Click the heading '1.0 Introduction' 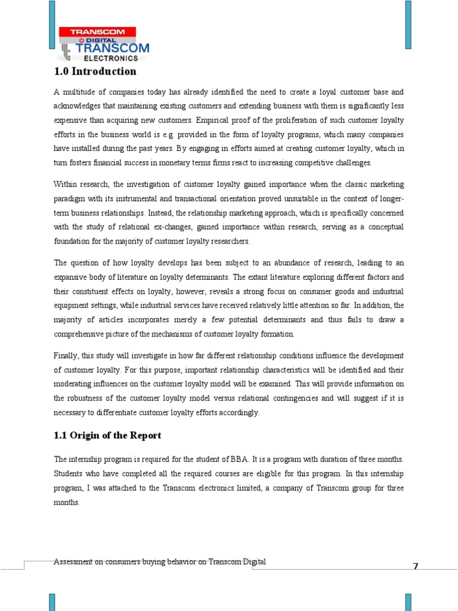click(x=95, y=72)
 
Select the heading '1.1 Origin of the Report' click(x=107, y=435)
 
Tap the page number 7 click(x=416, y=566)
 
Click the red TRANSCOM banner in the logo click(x=97, y=32)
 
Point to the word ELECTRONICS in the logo click(x=114, y=58)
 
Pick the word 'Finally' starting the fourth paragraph click(x=66, y=356)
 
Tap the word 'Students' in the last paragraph click(x=69, y=474)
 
